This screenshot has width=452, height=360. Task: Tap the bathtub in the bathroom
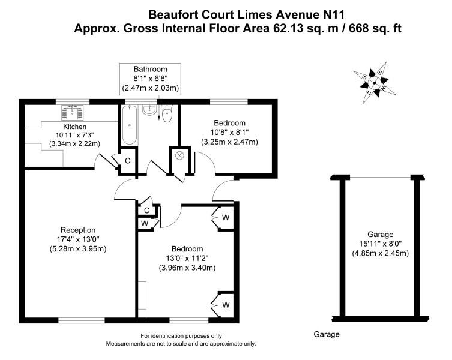tap(129, 125)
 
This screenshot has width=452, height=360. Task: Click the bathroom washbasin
tap(149, 111)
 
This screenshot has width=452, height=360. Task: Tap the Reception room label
tap(78, 230)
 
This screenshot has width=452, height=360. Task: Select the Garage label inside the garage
tap(381, 235)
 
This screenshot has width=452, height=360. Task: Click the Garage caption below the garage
tap(327, 334)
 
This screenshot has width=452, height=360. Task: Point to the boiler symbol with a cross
tap(179, 155)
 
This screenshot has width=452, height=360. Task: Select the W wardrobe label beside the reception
tap(145, 223)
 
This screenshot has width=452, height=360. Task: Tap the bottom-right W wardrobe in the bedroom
tap(226, 305)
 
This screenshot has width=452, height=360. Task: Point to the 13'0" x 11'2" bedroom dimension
tap(187, 259)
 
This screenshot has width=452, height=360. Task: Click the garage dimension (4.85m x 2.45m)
tap(381, 253)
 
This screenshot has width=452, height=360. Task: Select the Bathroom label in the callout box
tap(151, 69)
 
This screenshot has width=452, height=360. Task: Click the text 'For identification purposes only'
tap(181, 335)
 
